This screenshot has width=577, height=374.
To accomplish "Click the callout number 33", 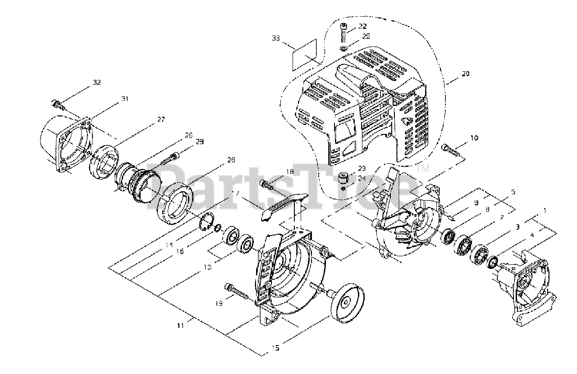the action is click(276, 38).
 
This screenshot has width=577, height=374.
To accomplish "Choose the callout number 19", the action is click(218, 304).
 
